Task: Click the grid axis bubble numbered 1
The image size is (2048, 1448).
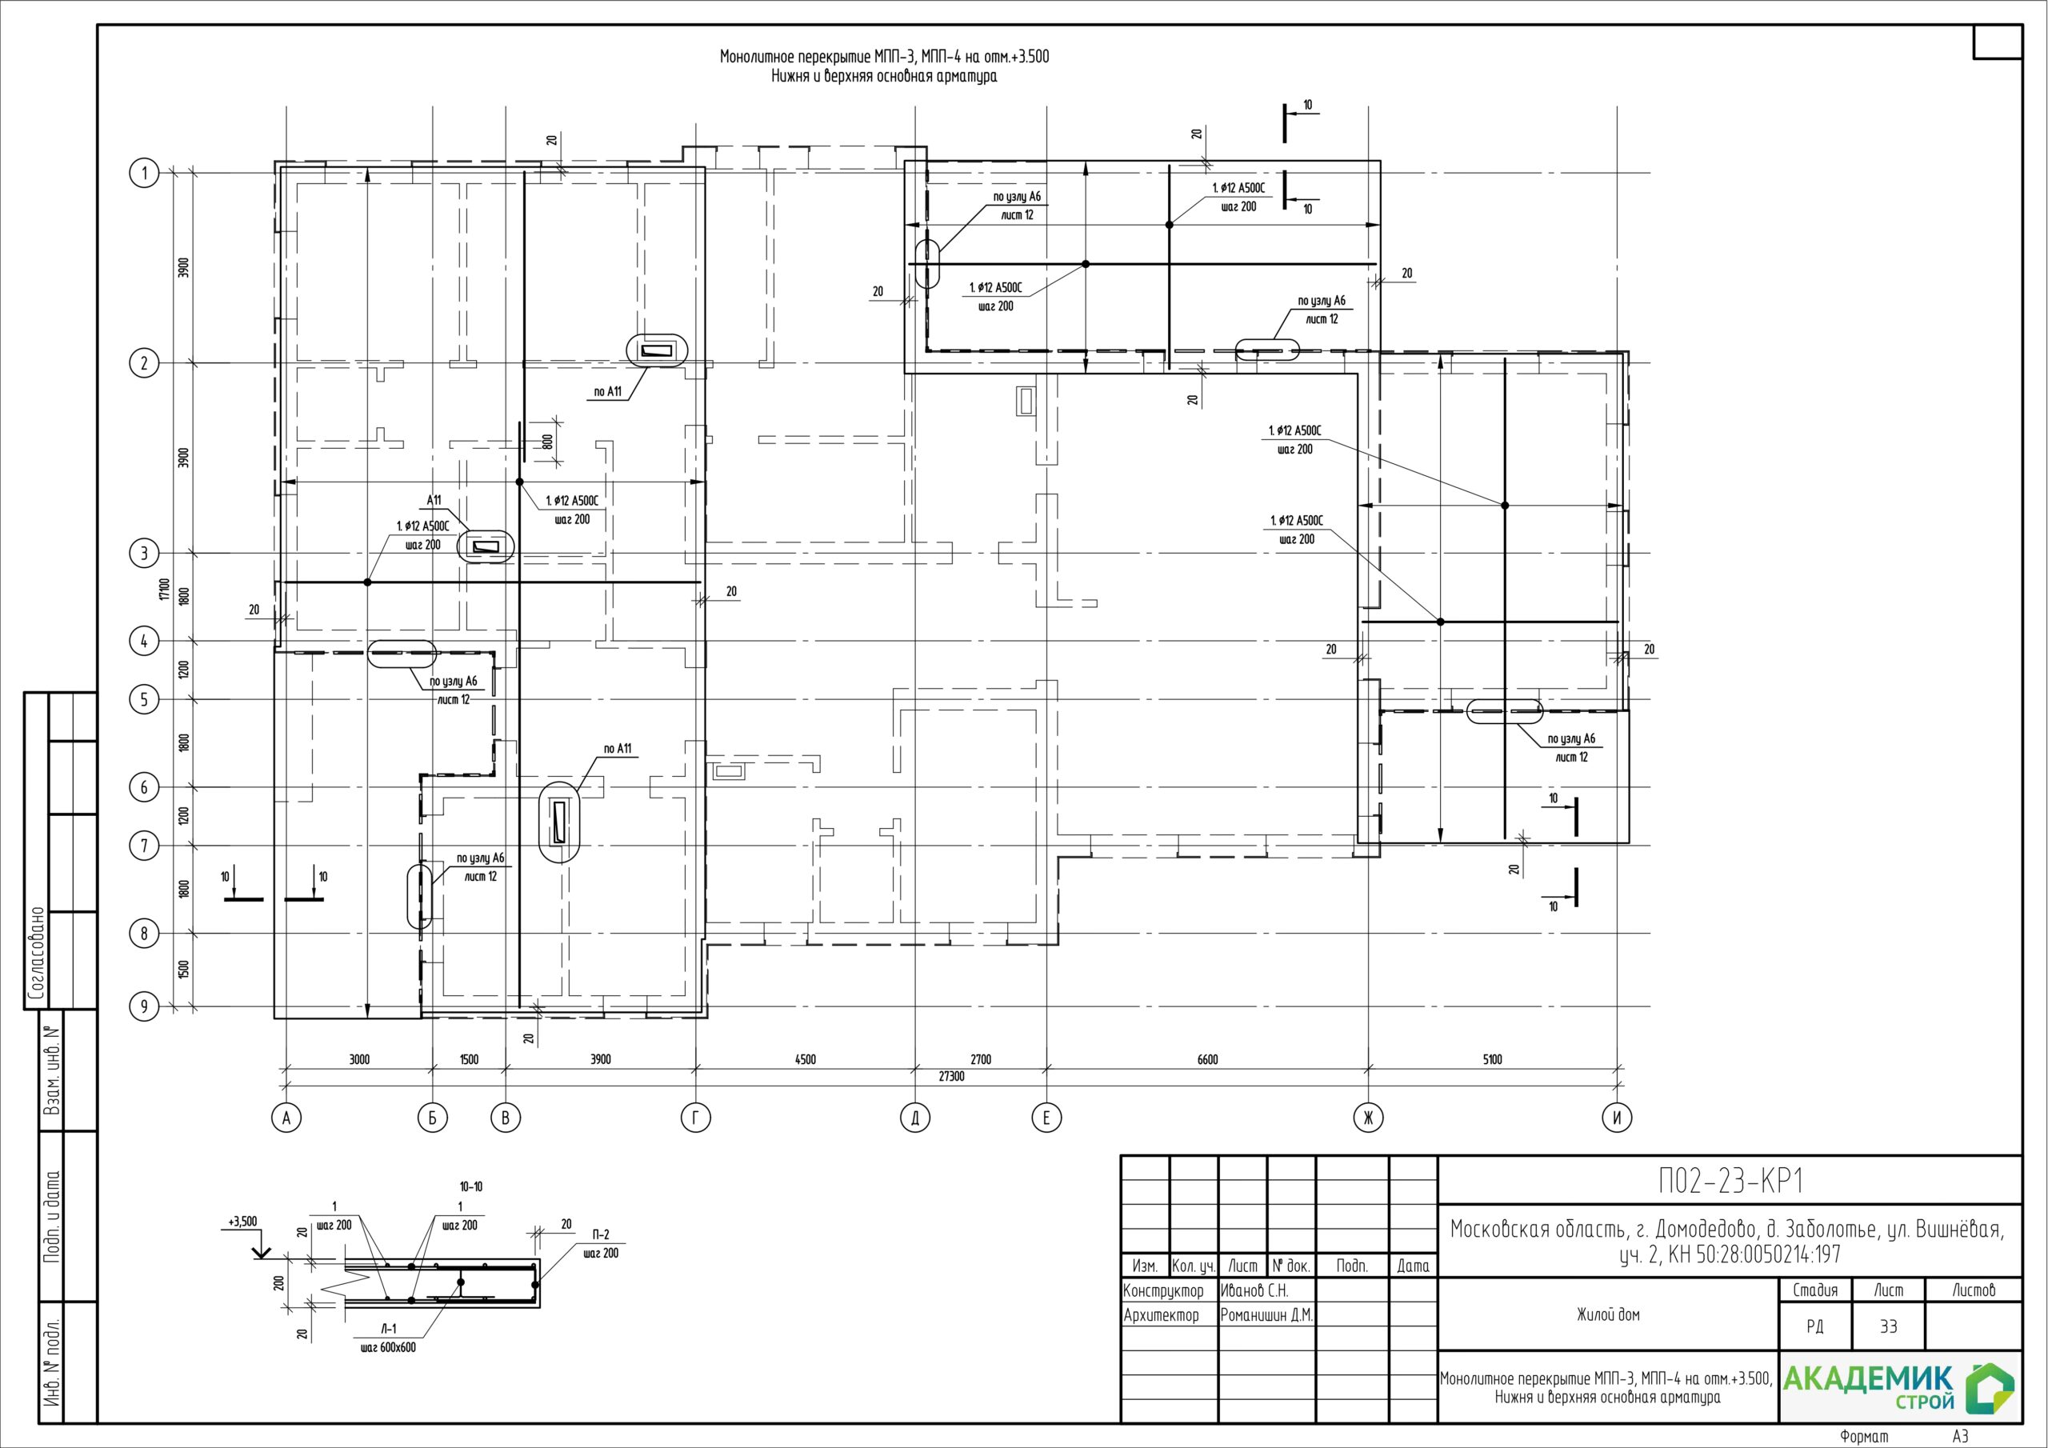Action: (145, 172)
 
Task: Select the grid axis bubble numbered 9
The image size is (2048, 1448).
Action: (145, 1006)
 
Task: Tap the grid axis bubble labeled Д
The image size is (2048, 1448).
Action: (915, 1118)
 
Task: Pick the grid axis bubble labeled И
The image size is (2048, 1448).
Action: (1616, 1118)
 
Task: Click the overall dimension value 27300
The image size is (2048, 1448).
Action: (952, 1077)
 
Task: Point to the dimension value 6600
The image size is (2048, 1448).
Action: (1207, 1060)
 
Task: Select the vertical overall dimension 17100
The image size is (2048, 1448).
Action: (164, 589)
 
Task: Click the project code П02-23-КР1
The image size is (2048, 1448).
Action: (1730, 1182)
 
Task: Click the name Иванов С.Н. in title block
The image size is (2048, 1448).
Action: (1254, 1291)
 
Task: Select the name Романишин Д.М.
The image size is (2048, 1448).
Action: (1266, 1315)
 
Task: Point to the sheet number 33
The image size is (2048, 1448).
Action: (1888, 1326)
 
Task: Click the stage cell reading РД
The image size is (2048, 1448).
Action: (1814, 1326)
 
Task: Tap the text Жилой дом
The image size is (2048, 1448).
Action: (1608, 1314)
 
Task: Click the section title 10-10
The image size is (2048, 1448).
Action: (471, 1187)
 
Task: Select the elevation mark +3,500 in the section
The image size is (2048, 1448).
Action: (242, 1222)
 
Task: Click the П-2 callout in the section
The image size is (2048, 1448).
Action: (600, 1234)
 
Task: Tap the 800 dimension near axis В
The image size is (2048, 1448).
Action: (548, 441)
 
